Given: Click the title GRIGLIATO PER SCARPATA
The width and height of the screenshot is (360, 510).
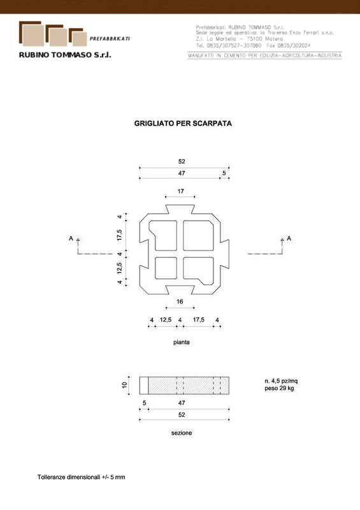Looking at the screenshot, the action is click(x=183, y=123).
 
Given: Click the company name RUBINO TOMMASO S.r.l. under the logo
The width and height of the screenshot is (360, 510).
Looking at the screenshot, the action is click(x=65, y=55).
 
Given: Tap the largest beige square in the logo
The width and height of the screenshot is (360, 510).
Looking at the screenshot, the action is click(x=33, y=35).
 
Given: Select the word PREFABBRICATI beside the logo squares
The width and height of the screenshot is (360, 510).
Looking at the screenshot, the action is click(x=110, y=39).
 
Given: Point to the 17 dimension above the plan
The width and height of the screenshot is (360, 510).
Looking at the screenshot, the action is click(x=181, y=191).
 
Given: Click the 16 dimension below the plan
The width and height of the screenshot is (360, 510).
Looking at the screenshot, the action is click(x=180, y=302).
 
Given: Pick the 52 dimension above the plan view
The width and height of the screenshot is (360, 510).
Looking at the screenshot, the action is click(x=182, y=161).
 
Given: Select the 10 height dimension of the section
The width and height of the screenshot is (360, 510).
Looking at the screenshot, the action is click(x=124, y=385).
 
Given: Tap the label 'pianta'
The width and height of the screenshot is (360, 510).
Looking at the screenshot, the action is click(x=182, y=342).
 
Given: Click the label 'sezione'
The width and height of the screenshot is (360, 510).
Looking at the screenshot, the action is click(x=182, y=433).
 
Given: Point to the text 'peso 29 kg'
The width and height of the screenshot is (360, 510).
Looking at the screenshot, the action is click(x=279, y=388).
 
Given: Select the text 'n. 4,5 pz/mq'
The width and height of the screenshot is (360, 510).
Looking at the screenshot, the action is click(x=281, y=381).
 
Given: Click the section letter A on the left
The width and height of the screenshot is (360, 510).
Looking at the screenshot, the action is click(x=71, y=238).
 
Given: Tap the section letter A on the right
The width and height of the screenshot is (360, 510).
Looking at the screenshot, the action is click(x=289, y=238).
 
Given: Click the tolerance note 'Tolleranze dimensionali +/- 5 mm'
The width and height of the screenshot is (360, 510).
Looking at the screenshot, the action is click(x=82, y=477).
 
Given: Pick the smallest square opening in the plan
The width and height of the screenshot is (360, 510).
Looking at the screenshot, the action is click(x=166, y=268).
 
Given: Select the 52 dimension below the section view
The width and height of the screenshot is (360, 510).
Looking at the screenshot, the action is click(x=182, y=415).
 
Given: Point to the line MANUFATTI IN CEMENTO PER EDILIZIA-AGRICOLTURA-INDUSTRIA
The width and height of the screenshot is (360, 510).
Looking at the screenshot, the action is click(x=264, y=55).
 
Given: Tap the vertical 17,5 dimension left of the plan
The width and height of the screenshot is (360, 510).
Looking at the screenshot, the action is click(x=120, y=235).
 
